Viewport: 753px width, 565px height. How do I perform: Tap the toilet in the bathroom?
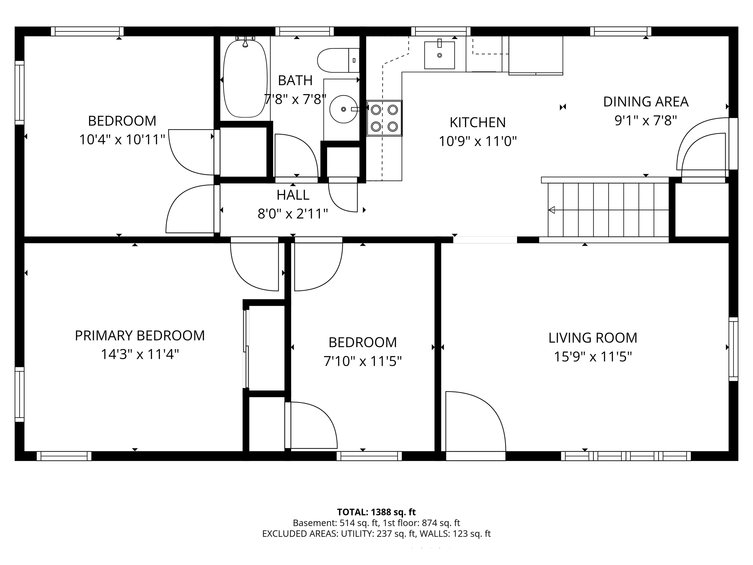tap(337, 60)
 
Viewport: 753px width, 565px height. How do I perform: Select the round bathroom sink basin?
tap(343, 109)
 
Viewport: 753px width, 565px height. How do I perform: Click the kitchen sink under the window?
tap(439, 55)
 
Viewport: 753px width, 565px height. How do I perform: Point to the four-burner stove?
tap(384, 118)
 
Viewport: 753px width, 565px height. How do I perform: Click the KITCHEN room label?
tap(477, 123)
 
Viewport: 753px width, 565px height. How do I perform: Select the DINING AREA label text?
tap(645, 102)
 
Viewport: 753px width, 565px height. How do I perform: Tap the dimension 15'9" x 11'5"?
tap(593, 357)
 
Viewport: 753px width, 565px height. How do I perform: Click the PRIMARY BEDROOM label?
tap(139, 336)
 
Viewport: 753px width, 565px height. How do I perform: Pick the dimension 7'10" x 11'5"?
tap(363, 361)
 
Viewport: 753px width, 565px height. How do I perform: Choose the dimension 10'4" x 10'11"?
tap(122, 140)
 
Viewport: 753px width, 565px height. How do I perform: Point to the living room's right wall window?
tap(733, 349)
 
